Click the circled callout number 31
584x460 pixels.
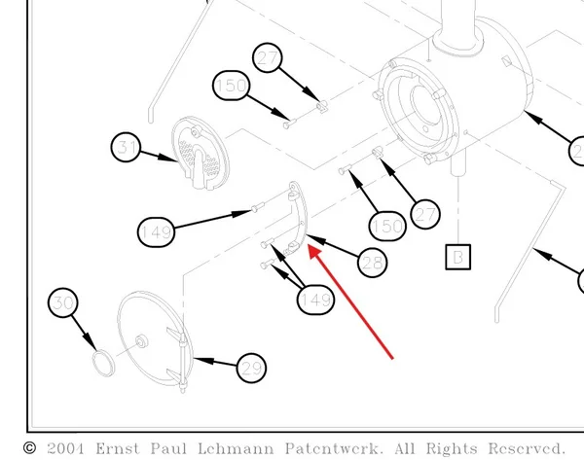pyautogui.click(x=126, y=147)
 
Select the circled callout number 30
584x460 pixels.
pyautogui.click(x=63, y=302)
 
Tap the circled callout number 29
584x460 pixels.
pyautogui.click(x=251, y=368)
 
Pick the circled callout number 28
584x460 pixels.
pyautogui.click(x=372, y=263)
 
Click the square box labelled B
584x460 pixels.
pyautogui.click(x=458, y=257)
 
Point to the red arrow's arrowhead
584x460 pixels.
pyautogui.click(x=314, y=252)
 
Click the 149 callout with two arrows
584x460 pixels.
pyautogui.click(x=315, y=300)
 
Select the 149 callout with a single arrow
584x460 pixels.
pyautogui.click(x=156, y=232)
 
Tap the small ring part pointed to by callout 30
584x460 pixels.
pyautogui.click(x=103, y=363)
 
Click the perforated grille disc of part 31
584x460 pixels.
pyautogui.click(x=200, y=153)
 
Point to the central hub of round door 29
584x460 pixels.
pyautogui.click(x=141, y=341)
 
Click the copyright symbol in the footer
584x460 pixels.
pyautogui.click(x=30, y=448)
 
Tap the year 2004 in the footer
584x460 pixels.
pyautogui.click(x=65, y=448)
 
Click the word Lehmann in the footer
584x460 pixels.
pyautogui.click(x=236, y=448)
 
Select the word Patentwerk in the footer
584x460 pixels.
pyautogui.click(x=334, y=448)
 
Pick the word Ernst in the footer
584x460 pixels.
pyautogui.click(x=118, y=448)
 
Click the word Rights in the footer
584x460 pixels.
pyautogui.click(x=452, y=449)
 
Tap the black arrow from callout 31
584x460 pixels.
pyautogui.click(x=159, y=156)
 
